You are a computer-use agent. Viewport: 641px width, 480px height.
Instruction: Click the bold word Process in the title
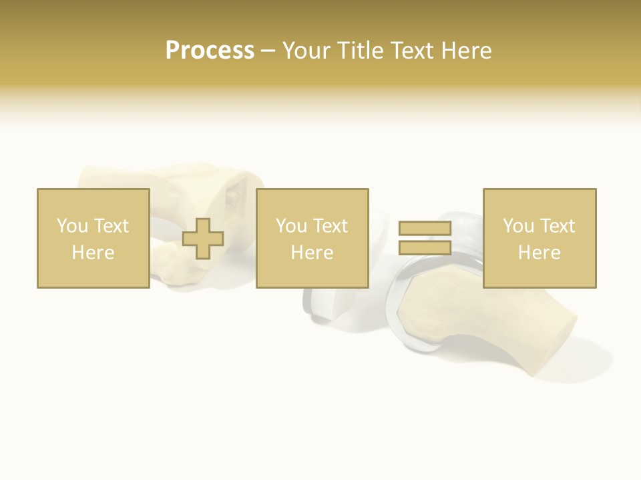pyautogui.click(x=210, y=51)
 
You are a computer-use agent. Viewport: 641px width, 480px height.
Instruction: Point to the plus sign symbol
pyautogui.click(x=203, y=239)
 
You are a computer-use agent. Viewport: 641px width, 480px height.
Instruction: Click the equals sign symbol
pyautogui.click(x=425, y=238)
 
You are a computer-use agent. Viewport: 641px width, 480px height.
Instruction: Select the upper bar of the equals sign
pyautogui.click(x=425, y=229)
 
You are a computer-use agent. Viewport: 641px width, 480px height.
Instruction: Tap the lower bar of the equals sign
pyautogui.click(x=425, y=247)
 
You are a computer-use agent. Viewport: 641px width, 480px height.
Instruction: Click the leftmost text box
pyautogui.click(x=93, y=238)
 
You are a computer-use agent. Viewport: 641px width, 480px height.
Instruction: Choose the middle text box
pyautogui.click(x=312, y=238)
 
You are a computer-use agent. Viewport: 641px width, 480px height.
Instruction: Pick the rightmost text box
pyautogui.click(x=539, y=238)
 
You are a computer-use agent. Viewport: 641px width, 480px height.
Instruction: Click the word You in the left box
pyautogui.click(x=72, y=226)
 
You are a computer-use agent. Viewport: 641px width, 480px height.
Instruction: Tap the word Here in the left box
pyautogui.click(x=93, y=252)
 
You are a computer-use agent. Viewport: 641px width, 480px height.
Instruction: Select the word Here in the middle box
pyautogui.click(x=312, y=252)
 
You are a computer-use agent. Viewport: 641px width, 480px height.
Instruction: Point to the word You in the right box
pyautogui.click(x=518, y=226)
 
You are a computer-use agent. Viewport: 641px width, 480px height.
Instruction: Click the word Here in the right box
pyautogui.click(x=539, y=252)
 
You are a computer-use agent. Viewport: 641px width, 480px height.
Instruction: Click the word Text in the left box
pyautogui.click(x=111, y=226)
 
